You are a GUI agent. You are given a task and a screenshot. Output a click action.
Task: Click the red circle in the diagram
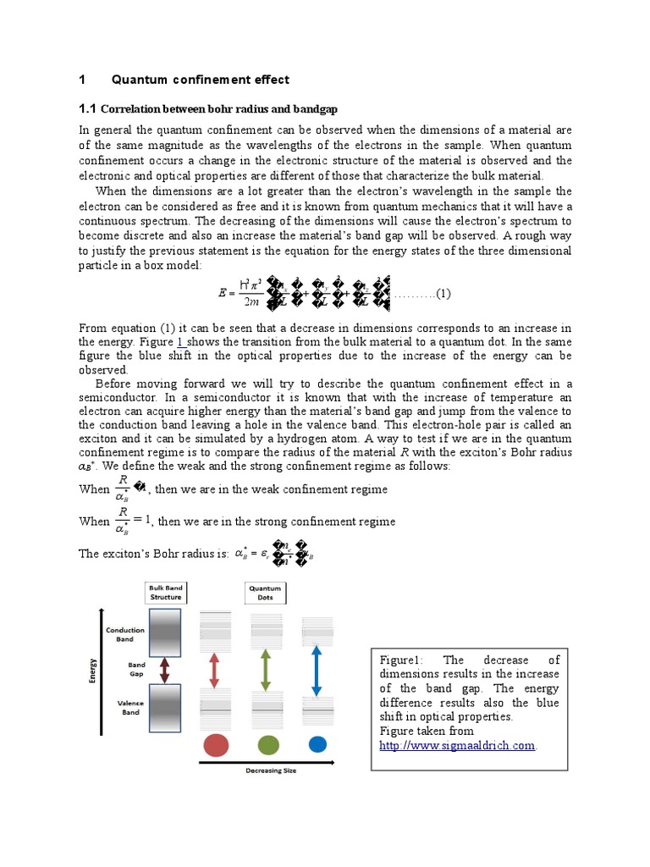coord(215,745)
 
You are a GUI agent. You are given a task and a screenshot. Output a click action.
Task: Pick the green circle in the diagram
coord(267,745)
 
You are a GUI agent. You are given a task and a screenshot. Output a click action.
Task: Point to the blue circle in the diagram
coord(317,744)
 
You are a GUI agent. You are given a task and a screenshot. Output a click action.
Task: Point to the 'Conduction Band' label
coord(124,634)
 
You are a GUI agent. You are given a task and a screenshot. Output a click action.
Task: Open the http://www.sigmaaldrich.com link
coord(457,745)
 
